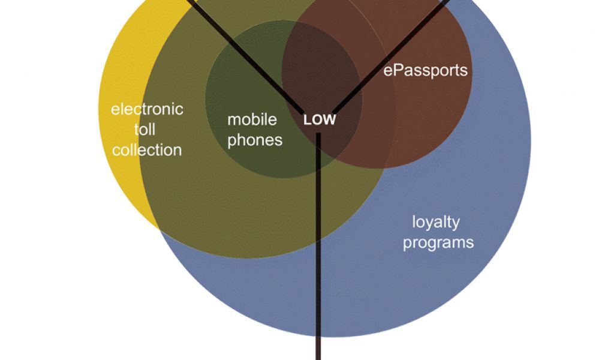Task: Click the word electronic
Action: [x=147, y=109]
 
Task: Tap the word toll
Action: [x=145, y=130]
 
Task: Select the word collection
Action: [x=147, y=150]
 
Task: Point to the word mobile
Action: [x=252, y=119]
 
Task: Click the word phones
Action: [x=254, y=140]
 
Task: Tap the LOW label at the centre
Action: [x=320, y=120]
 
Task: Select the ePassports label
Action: [x=425, y=70]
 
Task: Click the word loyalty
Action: [x=436, y=222]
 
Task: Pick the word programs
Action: [x=438, y=242]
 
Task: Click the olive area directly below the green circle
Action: [x=270, y=210]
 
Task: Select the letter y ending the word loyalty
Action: [x=456, y=224]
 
